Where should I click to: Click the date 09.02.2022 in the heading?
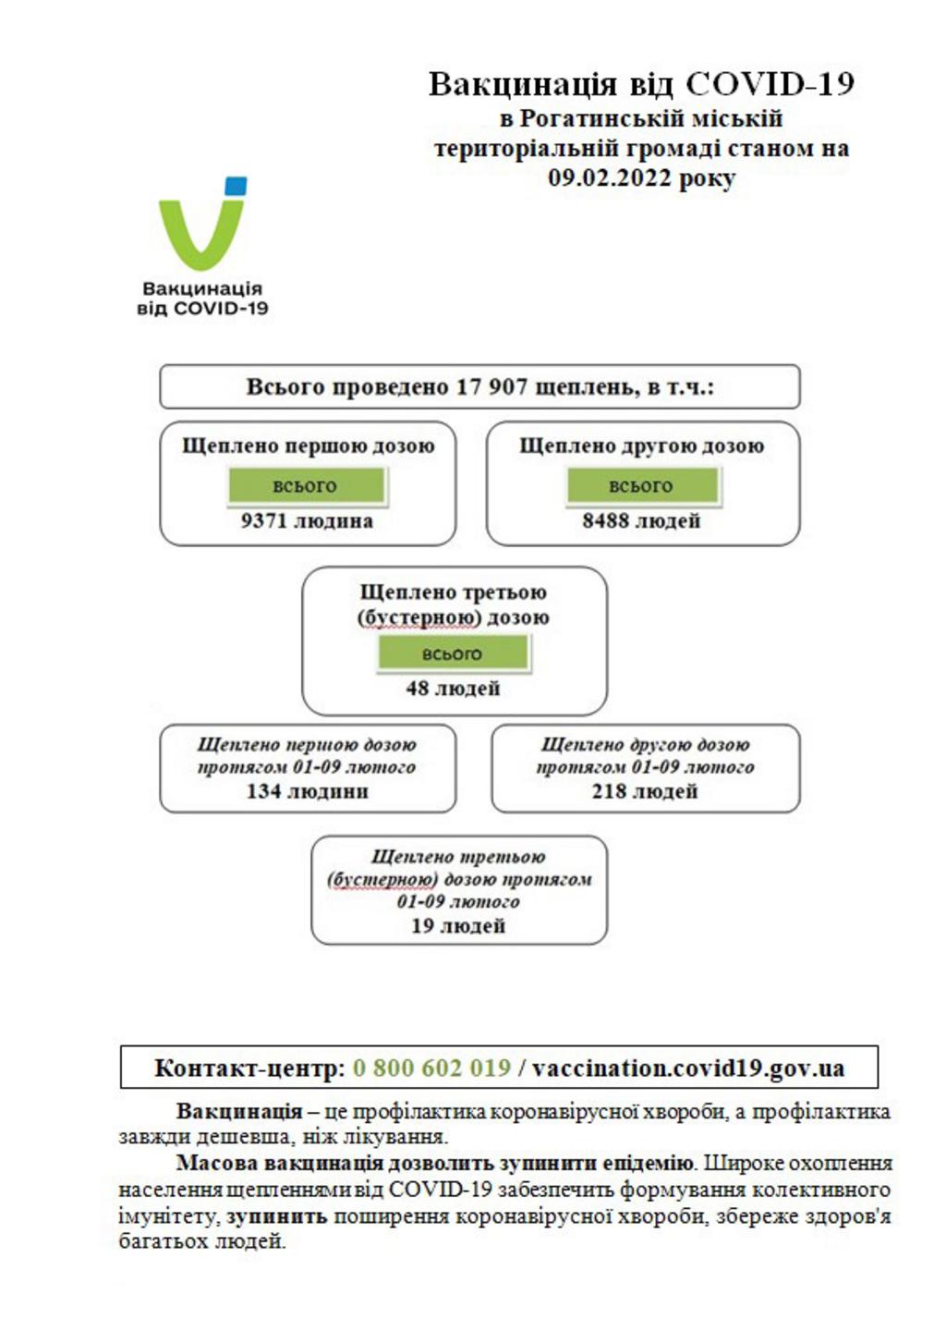610,177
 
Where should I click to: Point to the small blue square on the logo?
236,186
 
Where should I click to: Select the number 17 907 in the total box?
491,386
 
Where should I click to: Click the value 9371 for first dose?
264,520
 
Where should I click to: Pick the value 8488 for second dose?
605,520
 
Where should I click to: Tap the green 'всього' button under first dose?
306,485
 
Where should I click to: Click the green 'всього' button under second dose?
642,485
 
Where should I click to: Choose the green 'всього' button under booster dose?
453,653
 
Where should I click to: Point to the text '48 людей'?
453,688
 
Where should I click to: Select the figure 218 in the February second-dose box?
609,791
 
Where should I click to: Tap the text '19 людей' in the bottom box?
458,925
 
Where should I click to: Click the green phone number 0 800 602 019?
431,1068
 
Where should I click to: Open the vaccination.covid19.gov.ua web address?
688,1068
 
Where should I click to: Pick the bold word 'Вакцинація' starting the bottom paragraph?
239,1111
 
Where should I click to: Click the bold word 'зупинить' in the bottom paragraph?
276,1216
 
